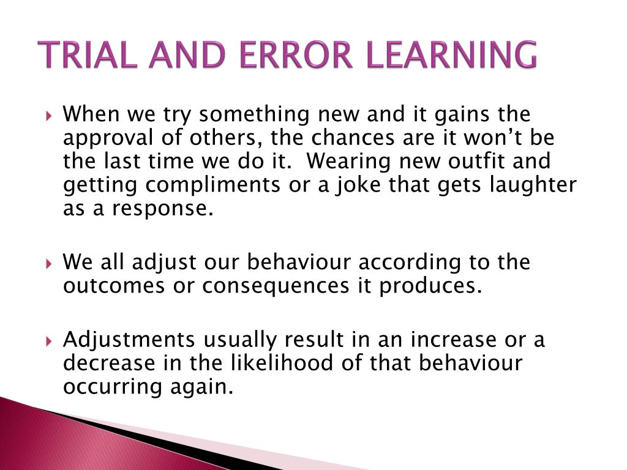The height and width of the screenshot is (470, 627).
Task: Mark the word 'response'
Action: (162, 209)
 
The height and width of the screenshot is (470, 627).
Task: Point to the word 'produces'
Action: (431, 286)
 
